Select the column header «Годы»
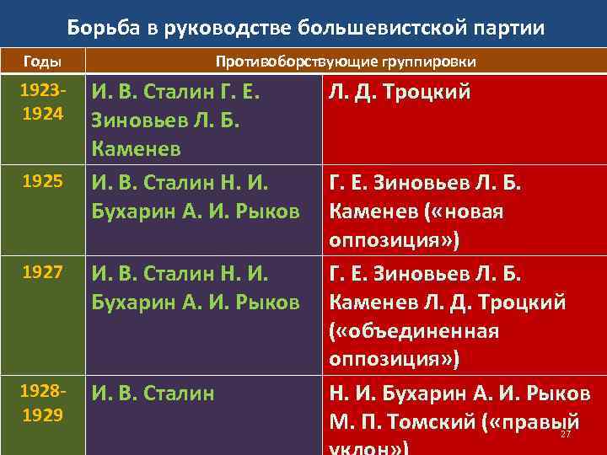[x=41, y=62]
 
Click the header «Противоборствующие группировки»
[x=346, y=62]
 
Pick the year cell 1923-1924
[x=41, y=101]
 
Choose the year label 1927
[x=41, y=272]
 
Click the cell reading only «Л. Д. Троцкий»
[x=400, y=91]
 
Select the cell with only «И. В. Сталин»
[x=153, y=393]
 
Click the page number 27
[x=566, y=434]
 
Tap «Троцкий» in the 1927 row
[x=524, y=302]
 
